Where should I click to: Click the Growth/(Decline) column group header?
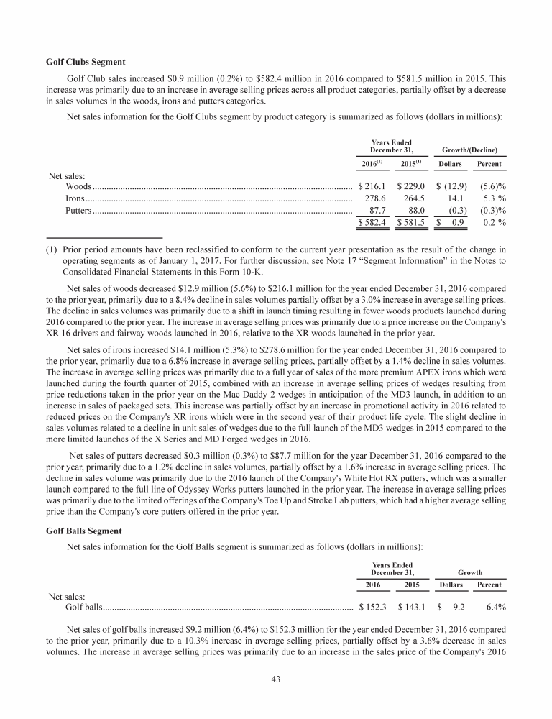[x=471, y=150]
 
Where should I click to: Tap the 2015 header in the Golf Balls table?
[x=413, y=586]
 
